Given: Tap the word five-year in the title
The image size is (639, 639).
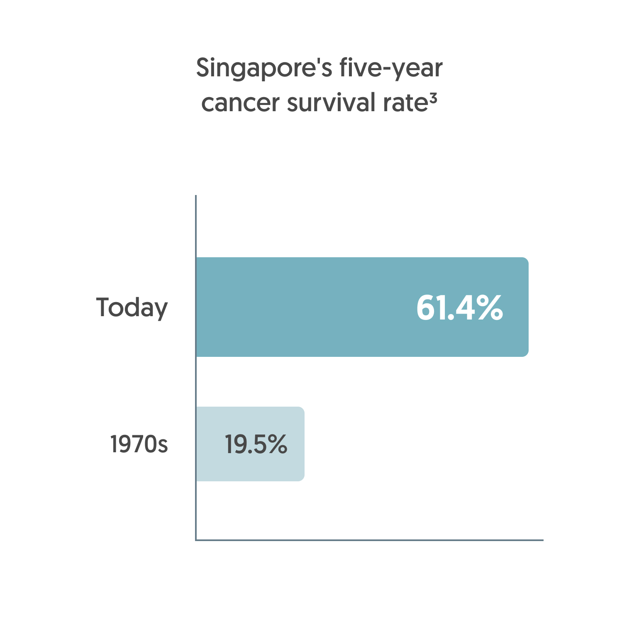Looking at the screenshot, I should [x=391, y=68].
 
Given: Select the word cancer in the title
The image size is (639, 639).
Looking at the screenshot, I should [x=240, y=103].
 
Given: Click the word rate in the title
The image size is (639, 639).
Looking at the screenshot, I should [x=405, y=103].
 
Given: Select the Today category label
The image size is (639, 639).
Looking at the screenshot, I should [x=132, y=307].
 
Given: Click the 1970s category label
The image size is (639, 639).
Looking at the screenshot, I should [x=139, y=444].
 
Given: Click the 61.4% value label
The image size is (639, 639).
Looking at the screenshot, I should [x=459, y=307].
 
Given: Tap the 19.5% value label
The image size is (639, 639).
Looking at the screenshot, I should [x=256, y=444].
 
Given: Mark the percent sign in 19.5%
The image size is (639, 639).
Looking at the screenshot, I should [x=277, y=444].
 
